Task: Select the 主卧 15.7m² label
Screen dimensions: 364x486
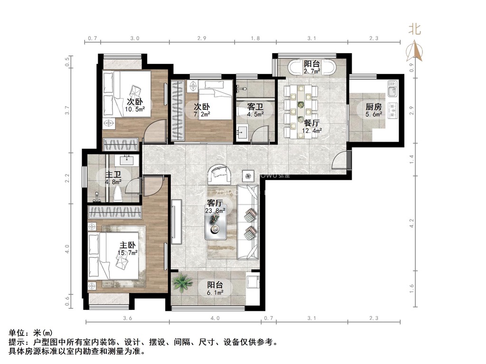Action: coord(128,249)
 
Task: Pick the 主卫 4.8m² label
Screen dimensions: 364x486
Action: coord(113,178)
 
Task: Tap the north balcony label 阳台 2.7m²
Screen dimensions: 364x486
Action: coord(312,68)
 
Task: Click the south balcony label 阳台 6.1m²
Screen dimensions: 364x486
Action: coord(215,289)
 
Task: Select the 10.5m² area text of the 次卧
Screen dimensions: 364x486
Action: coord(135,109)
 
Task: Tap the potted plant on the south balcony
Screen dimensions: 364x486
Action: coord(182,283)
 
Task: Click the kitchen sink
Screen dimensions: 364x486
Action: coord(392,88)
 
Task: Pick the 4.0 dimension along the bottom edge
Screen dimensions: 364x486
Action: coord(216,318)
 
